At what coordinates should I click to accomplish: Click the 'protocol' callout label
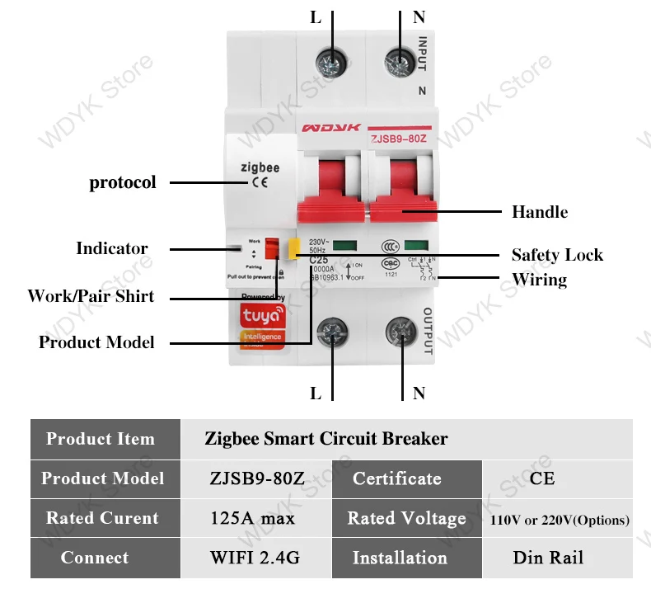122,182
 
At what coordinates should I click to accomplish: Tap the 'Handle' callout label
539,212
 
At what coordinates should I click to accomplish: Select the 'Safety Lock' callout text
556,255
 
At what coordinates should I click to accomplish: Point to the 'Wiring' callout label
539,280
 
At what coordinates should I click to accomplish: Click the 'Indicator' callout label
112,248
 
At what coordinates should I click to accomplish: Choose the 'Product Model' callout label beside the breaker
96,342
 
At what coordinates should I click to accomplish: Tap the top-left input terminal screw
332,59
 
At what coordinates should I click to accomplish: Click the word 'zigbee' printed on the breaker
260,167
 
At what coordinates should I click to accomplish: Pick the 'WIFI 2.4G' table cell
255,558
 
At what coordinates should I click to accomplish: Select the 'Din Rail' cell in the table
547,558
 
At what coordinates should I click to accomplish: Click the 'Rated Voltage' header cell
406,518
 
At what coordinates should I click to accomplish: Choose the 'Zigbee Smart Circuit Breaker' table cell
326,439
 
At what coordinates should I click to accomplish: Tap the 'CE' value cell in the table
542,478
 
